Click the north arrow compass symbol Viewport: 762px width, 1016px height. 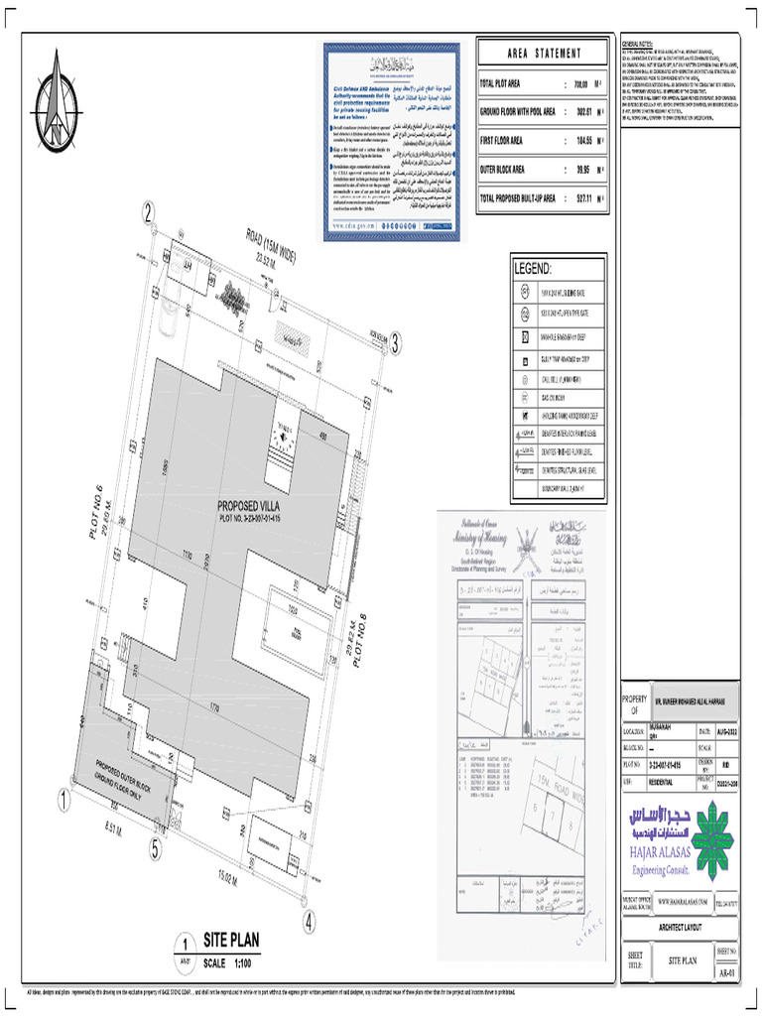(58, 97)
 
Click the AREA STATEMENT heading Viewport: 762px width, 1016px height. (543, 53)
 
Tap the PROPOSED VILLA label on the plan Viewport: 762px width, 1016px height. (257, 504)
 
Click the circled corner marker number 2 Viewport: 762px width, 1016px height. (149, 212)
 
